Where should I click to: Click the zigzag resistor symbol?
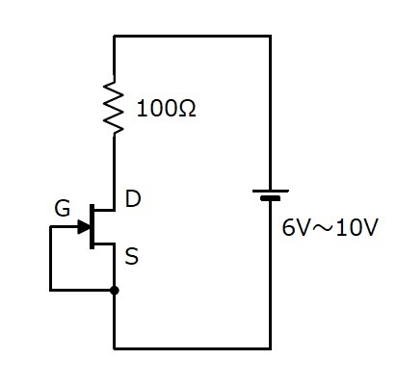tap(114, 107)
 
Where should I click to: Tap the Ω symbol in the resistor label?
tap(185, 109)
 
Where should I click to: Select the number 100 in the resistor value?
tap(156, 109)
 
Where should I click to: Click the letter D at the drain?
tap(133, 198)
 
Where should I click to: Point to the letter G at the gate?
tap(63, 209)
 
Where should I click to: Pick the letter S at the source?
tap(132, 256)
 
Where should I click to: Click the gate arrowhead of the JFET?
tap(84, 227)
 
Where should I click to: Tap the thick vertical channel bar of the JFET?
tap(93, 226)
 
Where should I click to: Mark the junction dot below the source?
tap(114, 291)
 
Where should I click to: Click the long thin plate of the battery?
tap(271, 192)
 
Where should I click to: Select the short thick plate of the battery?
tap(271, 198)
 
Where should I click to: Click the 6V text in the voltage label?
tap(295, 227)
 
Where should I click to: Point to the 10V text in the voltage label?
tap(357, 227)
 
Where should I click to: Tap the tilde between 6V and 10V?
tap(322, 228)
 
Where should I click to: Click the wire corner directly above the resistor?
tap(114, 37)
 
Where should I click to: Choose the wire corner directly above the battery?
tap(271, 37)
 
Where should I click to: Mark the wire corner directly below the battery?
tap(271, 348)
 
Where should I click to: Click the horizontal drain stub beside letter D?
tap(104, 210)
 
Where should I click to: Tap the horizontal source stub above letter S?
tap(104, 244)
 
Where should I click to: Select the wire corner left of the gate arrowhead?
tap(51, 227)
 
